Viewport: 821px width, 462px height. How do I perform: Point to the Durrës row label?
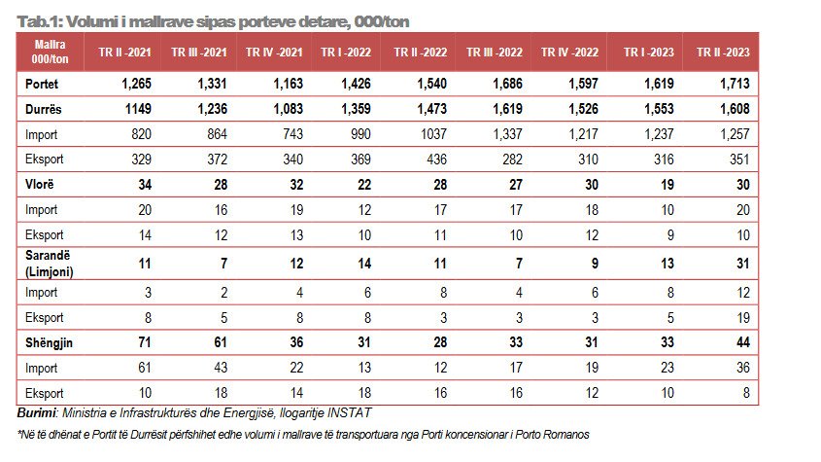pyautogui.click(x=45, y=109)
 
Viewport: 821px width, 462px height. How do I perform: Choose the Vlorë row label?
pyautogui.click(x=40, y=182)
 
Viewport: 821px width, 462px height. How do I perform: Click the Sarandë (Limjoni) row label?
pyautogui.click(x=49, y=262)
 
